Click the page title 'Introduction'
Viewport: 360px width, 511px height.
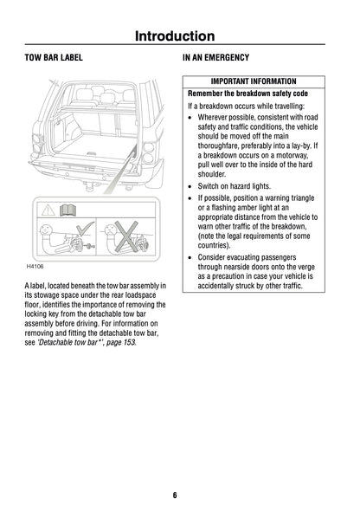(x=179, y=36)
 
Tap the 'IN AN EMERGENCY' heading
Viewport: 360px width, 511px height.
(x=215, y=58)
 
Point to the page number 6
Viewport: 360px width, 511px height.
(x=174, y=495)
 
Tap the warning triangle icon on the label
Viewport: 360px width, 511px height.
(x=47, y=210)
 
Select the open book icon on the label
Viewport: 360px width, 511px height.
(x=69, y=210)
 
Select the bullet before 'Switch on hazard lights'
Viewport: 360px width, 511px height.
(x=191, y=185)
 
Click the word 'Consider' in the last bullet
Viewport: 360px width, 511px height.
(x=213, y=257)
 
